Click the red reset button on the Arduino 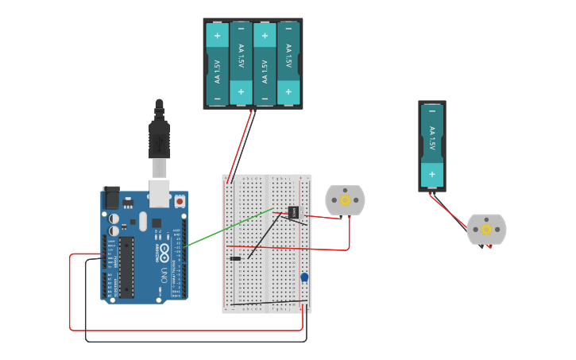click(x=180, y=202)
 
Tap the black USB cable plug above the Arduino click(x=159, y=139)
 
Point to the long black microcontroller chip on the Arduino click(x=127, y=266)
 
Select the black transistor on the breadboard click(x=293, y=212)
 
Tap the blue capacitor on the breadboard click(x=304, y=277)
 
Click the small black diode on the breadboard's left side click(x=235, y=258)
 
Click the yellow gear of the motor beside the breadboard click(x=345, y=200)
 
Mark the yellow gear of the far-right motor click(x=486, y=229)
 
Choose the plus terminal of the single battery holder click(x=432, y=174)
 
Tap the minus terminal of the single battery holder click(x=432, y=112)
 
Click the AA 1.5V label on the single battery click(x=432, y=139)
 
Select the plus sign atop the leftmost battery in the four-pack click(x=217, y=35)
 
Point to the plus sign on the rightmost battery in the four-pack click(x=288, y=92)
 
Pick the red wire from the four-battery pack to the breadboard click(x=240, y=146)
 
